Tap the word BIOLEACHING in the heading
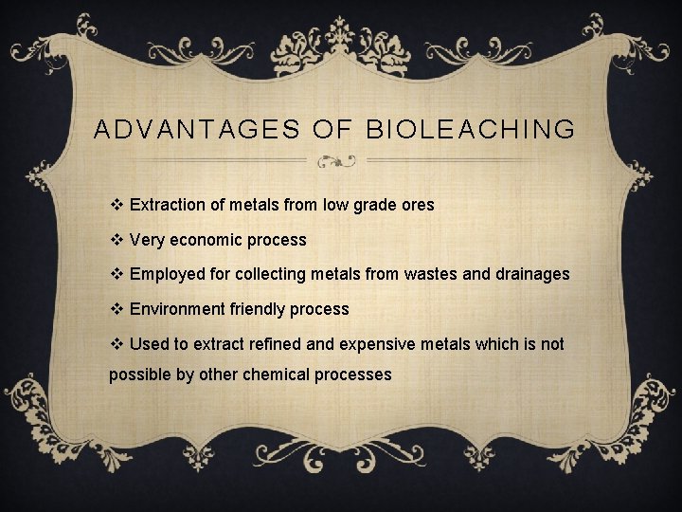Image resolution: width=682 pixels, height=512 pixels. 470,130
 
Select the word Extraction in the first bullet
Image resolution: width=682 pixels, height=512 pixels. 167,205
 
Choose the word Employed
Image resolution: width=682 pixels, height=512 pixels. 166,274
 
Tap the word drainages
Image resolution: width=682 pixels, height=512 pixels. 530,274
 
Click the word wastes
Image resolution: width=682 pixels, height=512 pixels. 431,274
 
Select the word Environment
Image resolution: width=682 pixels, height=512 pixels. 176,309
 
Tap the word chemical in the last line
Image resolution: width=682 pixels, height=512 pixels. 276,375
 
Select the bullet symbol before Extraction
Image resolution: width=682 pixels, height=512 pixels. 117,205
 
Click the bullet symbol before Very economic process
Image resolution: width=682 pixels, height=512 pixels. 117,240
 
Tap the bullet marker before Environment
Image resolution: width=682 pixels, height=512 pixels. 117,309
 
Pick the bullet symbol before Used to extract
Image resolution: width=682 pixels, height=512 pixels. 117,344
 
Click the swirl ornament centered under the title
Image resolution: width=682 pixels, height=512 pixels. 335,161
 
